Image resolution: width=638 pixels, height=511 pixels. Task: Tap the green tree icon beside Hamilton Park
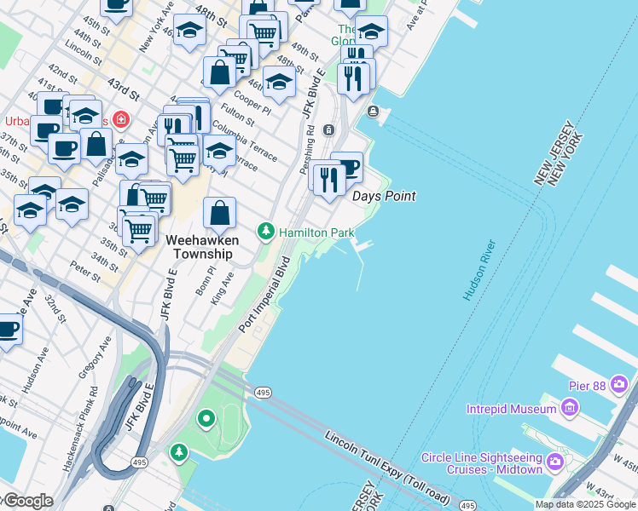pos(266,232)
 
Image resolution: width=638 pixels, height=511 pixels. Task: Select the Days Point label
pos(385,196)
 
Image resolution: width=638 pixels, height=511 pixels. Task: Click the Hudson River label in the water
pos(479,270)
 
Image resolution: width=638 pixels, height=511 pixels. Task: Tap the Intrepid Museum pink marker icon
pos(569,410)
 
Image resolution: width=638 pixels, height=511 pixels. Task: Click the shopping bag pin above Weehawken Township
pos(220,214)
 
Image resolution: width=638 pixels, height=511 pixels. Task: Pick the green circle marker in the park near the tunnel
pos(206,418)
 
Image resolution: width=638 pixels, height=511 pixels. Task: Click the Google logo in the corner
pos(28,501)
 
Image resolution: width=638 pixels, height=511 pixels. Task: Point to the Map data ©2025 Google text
pos(585,504)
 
